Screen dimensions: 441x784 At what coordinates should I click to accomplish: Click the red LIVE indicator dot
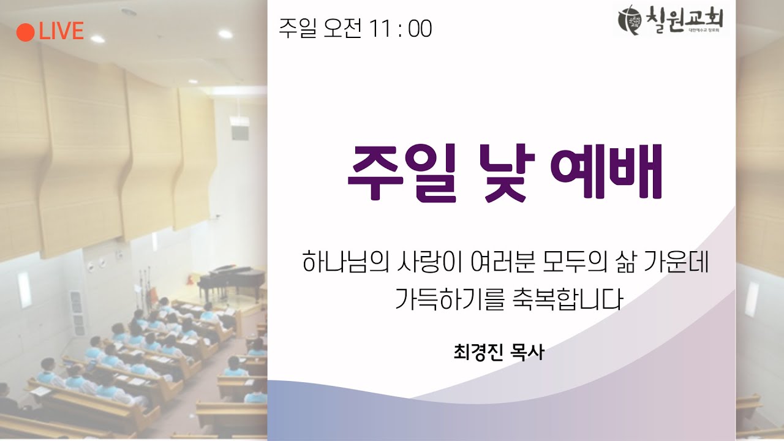pos(25,31)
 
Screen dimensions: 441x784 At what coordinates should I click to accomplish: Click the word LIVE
pos(61,31)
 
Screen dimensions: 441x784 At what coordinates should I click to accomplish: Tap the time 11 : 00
pos(401,29)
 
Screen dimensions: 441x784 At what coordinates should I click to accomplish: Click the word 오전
pos(342,29)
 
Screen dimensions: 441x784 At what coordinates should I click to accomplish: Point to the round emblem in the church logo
pos(630,20)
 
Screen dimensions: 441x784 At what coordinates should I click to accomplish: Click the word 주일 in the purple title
pos(401,173)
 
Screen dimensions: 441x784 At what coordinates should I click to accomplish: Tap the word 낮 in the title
pos(505,173)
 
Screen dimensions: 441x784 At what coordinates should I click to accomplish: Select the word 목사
pos(527,353)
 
